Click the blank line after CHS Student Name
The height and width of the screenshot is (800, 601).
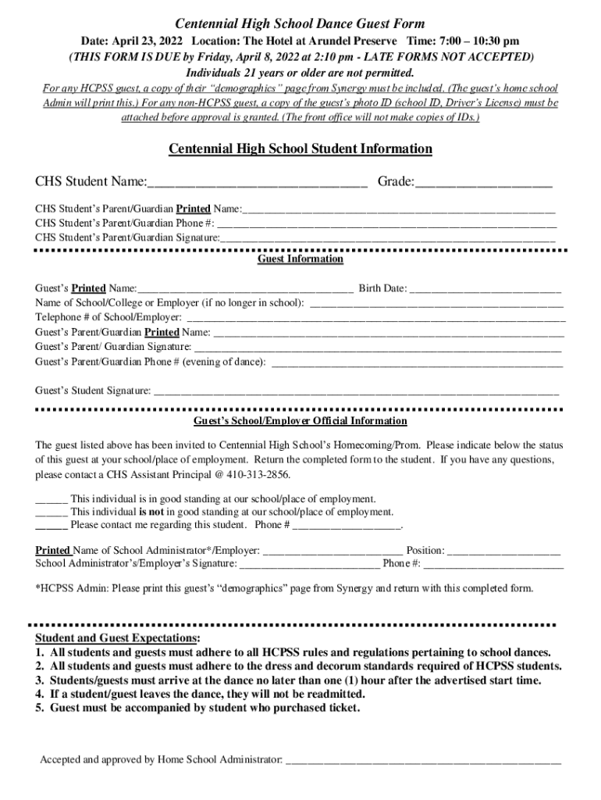257,186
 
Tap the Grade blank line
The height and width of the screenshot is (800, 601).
483,186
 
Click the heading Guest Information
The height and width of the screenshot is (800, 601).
300,259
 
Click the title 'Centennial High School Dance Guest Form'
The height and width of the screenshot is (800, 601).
300,24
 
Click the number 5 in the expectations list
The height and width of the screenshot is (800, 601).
39,709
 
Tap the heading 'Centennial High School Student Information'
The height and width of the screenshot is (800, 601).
300,149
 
